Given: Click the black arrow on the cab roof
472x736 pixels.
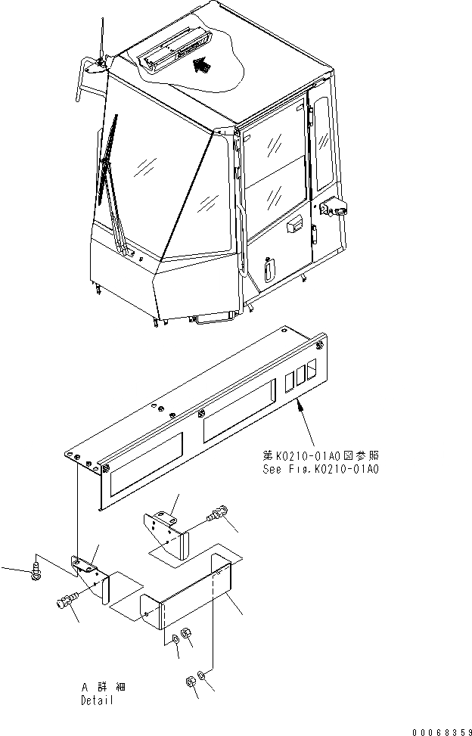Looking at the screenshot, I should click(x=200, y=66).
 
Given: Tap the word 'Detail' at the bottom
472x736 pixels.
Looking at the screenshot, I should click(x=97, y=700).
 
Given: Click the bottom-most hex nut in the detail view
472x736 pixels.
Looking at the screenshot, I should click(x=190, y=682).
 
